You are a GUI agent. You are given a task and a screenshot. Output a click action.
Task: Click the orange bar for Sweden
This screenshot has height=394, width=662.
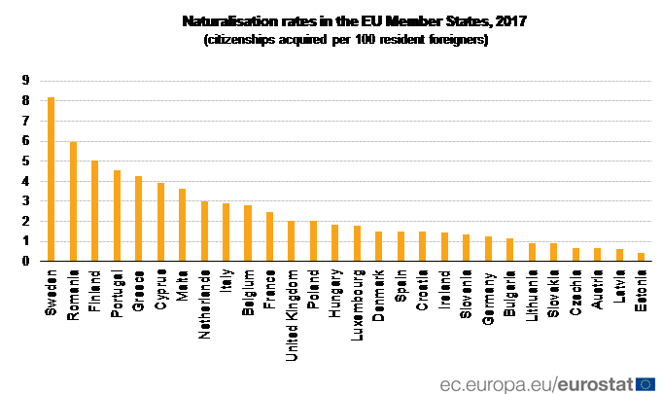52,179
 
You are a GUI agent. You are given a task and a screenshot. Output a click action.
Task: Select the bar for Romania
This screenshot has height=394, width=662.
73,201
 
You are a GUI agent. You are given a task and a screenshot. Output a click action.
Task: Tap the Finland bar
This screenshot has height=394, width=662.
95,211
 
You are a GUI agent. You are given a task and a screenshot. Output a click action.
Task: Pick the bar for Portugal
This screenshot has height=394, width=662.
117,216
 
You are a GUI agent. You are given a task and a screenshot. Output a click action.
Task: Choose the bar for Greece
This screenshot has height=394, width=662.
138,219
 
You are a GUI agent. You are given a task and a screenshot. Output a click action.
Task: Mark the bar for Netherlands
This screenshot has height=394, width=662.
204,232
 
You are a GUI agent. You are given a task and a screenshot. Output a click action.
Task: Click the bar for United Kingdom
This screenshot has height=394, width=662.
291,241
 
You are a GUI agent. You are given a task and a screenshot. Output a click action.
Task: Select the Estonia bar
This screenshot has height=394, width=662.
641,257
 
